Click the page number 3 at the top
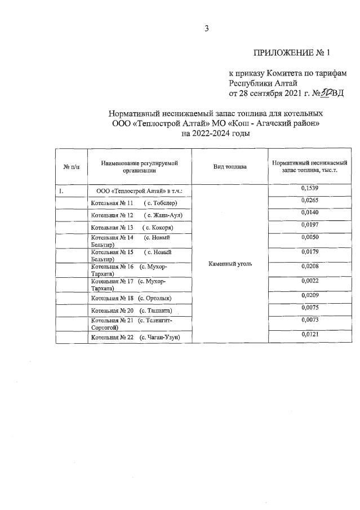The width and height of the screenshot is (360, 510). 206,29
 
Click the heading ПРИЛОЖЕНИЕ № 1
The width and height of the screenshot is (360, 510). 291,53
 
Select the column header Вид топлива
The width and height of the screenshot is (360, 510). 229,167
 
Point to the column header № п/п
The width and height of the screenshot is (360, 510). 70,167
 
